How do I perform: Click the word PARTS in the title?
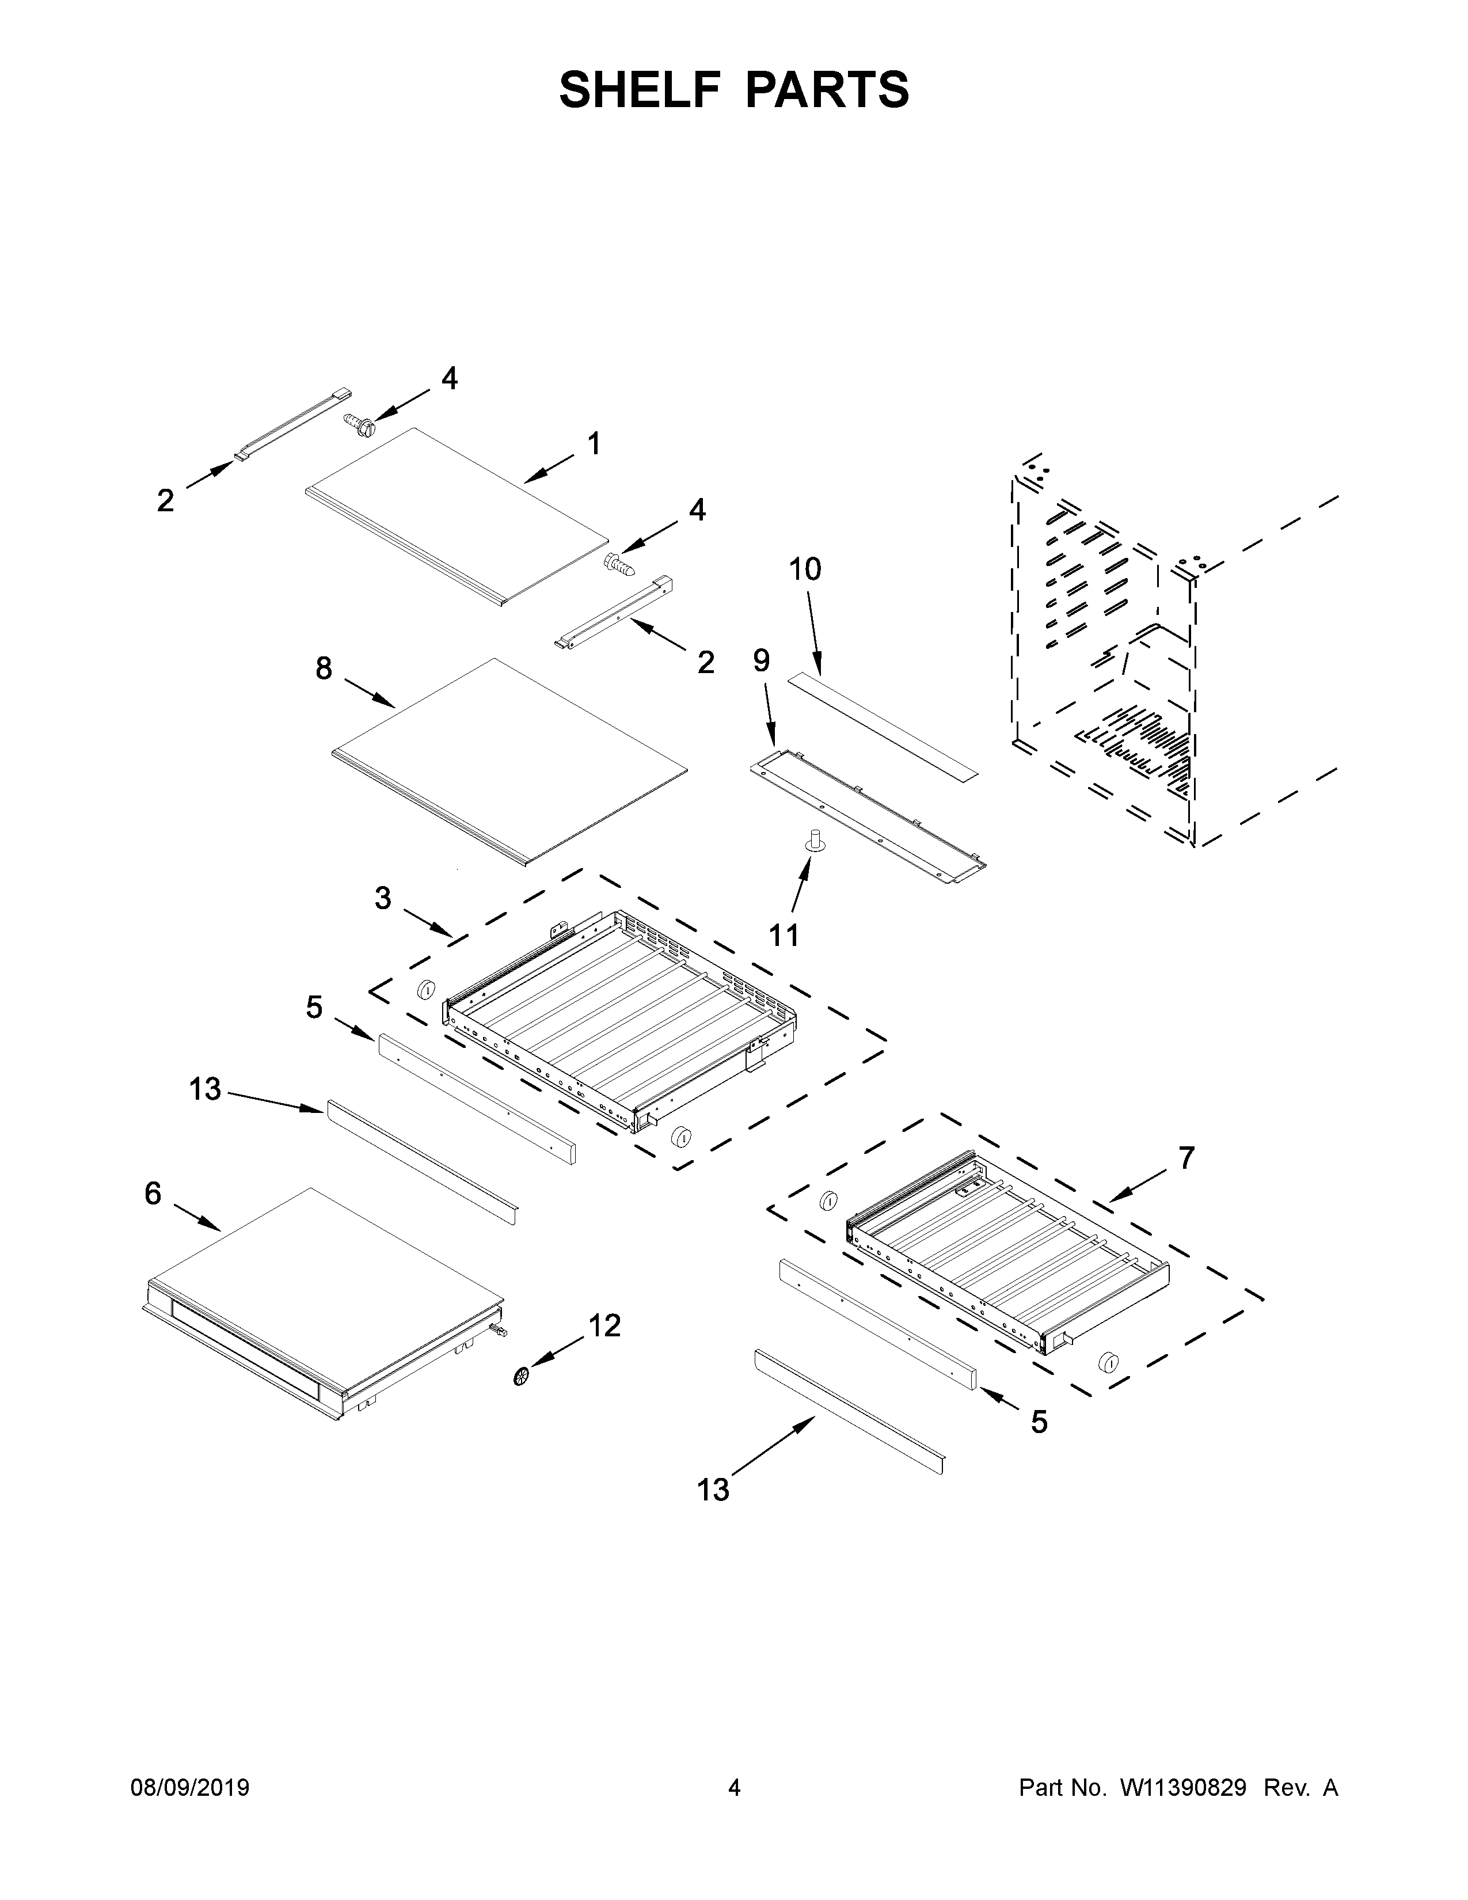826,90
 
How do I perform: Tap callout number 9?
761,661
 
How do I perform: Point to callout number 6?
153,1195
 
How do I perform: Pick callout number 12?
604,1326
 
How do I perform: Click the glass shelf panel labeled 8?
509,761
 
